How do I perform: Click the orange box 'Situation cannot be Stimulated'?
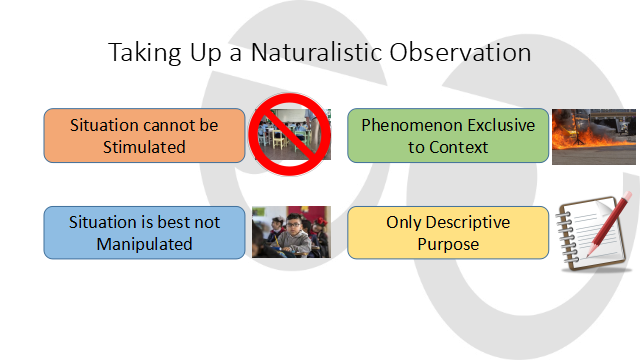144,135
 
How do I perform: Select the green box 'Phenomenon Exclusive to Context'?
448,135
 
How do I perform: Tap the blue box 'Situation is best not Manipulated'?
144,232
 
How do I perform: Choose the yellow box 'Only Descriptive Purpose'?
448,232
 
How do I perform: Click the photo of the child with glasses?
290,232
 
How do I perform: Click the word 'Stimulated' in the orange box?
145,147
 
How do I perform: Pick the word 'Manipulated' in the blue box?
145,243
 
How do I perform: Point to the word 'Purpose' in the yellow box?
448,243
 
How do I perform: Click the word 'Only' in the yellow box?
404,222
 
